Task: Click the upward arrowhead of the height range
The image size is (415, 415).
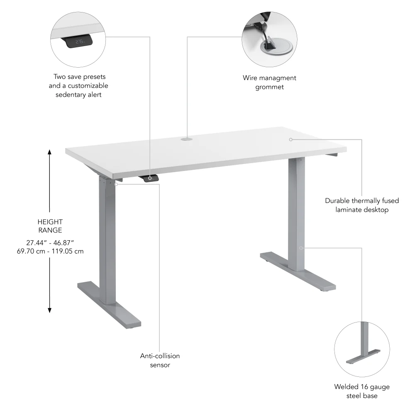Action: pyautogui.click(x=50, y=152)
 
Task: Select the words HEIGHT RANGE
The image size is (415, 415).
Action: pyautogui.click(x=50, y=226)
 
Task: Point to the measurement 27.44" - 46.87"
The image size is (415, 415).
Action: pyautogui.click(x=50, y=242)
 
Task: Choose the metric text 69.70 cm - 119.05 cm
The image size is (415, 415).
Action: pyautogui.click(x=50, y=251)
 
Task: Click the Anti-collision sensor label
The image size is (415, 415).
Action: pyautogui.click(x=160, y=360)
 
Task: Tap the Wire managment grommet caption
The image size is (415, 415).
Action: pyautogui.click(x=269, y=82)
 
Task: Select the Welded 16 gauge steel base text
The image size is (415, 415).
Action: pyautogui.click(x=362, y=391)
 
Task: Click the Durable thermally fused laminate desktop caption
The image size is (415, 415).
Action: pyautogui.click(x=362, y=205)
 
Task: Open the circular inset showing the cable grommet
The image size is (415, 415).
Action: pyautogui.click(x=269, y=39)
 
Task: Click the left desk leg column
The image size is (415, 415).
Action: pyautogui.click(x=107, y=237)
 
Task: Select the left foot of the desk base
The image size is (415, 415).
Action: pyautogui.click(x=109, y=303)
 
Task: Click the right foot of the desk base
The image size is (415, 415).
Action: pyautogui.click(x=298, y=270)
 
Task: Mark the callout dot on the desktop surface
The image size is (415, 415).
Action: pyautogui.click(x=291, y=139)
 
